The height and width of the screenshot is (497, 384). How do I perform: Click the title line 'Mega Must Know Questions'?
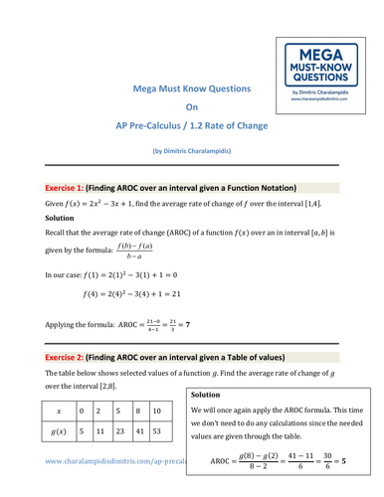tap(192, 88)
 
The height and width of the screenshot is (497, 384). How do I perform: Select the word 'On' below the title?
tap(192, 107)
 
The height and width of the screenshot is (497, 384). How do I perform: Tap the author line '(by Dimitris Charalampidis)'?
tap(192, 150)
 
